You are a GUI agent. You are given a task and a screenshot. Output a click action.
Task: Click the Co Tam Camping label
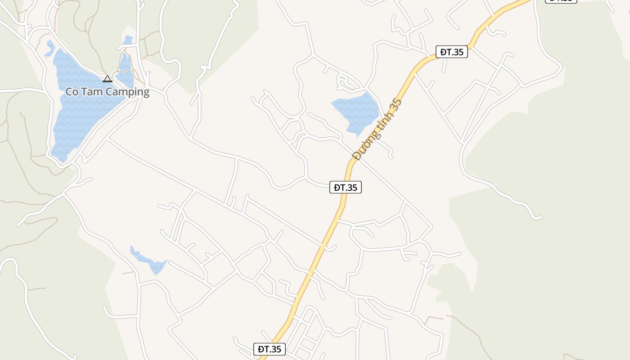(x=108, y=92)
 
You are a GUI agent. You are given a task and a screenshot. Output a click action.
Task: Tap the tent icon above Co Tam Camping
(x=107, y=79)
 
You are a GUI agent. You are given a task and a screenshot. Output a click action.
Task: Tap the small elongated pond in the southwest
(x=151, y=262)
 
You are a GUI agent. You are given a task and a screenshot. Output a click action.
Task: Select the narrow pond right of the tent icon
(x=125, y=70)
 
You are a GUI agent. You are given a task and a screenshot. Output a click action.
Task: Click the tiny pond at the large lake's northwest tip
(x=49, y=48)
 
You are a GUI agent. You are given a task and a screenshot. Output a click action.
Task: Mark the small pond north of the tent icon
(x=128, y=40)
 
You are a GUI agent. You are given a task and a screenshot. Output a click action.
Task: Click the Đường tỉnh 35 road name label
(x=377, y=130)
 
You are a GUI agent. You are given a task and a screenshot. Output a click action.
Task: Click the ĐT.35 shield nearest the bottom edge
(x=270, y=349)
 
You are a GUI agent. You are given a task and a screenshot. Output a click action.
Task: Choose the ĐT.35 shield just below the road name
(x=346, y=187)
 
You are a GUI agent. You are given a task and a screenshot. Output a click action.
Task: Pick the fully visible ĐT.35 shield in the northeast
(x=452, y=52)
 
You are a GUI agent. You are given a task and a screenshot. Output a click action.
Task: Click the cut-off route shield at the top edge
(x=561, y=1)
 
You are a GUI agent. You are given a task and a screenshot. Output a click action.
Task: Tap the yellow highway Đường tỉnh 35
(x=315, y=261)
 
